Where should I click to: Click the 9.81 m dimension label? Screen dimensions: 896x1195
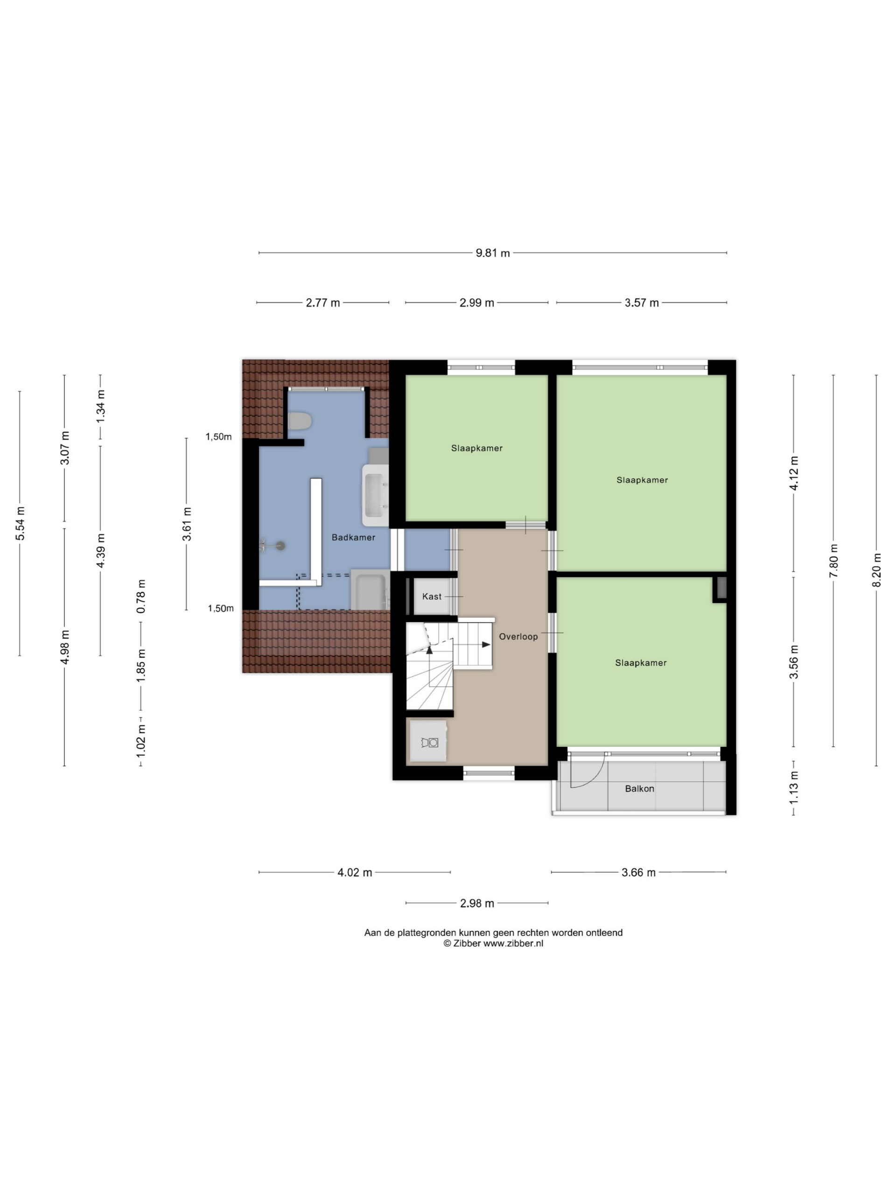(492, 253)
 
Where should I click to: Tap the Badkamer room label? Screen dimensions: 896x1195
(353, 537)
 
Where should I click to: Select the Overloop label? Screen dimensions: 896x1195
(518, 636)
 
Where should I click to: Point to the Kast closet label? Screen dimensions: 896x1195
(432, 596)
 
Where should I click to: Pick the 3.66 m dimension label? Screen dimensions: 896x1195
(638, 872)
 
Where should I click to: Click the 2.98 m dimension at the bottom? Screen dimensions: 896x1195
(477, 903)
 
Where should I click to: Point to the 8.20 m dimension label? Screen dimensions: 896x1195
(876, 570)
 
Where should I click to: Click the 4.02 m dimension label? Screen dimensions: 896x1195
(355, 872)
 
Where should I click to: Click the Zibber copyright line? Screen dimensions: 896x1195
(493, 943)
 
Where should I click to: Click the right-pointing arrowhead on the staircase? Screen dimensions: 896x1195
(486, 645)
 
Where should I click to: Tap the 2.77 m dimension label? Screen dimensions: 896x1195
(323, 302)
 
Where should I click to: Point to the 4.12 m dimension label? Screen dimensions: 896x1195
(793, 473)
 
